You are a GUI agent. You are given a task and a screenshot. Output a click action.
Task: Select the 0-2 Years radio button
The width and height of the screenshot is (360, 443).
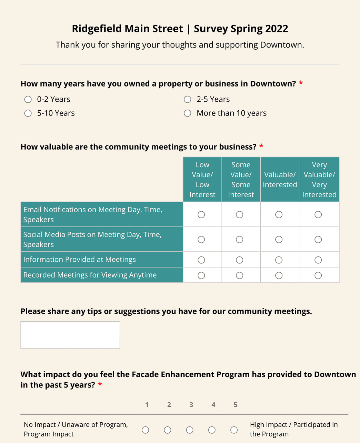click(x=28, y=100)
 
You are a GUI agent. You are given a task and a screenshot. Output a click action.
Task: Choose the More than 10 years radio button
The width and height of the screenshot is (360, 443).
click(x=187, y=113)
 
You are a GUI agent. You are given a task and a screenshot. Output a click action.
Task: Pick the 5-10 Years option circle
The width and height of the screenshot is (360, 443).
click(x=28, y=113)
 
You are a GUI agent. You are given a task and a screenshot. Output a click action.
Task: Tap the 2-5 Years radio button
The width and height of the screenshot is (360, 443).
click(x=187, y=100)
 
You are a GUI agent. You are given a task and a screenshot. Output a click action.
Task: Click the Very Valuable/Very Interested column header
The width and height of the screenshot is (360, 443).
click(x=319, y=180)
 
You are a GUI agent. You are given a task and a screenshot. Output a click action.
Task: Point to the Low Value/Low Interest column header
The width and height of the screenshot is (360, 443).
click(x=202, y=180)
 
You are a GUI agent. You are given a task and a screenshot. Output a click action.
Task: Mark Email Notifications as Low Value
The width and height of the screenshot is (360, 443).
click(x=201, y=215)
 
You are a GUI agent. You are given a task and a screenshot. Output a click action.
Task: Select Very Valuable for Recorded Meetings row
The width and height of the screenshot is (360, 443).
click(x=318, y=275)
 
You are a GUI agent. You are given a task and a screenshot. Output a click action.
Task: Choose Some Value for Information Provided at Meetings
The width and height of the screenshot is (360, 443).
click(x=240, y=260)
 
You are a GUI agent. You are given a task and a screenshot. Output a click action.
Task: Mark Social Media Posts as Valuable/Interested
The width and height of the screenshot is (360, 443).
click(x=279, y=240)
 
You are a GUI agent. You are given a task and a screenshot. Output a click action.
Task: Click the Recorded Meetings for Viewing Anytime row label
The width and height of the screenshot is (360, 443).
click(x=90, y=275)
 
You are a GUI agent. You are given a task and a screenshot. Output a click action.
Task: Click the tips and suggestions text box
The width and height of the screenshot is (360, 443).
click(x=70, y=335)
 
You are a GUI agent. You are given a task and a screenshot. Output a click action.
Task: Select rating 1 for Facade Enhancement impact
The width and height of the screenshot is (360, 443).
click(x=146, y=430)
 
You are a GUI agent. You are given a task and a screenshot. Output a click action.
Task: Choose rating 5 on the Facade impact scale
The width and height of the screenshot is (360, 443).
click(x=234, y=430)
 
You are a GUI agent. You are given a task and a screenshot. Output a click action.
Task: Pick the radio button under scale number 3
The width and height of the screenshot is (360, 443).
click(x=190, y=430)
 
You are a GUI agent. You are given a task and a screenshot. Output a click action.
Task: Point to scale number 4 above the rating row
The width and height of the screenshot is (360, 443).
click(x=213, y=405)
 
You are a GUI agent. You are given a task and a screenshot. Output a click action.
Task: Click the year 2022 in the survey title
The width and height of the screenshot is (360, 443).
click(x=277, y=29)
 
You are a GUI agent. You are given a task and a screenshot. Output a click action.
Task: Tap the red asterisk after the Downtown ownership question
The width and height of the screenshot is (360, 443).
click(x=301, y=83)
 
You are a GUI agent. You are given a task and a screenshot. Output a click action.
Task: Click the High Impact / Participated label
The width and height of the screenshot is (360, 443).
click(x=294, y=429)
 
